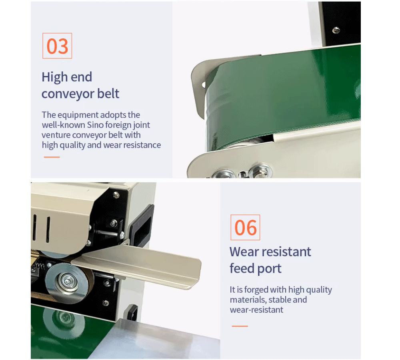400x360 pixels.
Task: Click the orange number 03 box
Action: [x=57, y=46]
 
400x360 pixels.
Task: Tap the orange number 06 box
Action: [x=245, y=227]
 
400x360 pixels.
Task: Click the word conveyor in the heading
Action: [x=64, y=94]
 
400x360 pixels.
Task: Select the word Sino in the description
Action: [x=95, y=125]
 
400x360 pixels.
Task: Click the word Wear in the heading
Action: [x=244, y=251]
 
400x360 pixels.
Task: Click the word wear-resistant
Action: [x=256, y=310]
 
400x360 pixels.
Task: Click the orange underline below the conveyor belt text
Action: [x=52, y=157]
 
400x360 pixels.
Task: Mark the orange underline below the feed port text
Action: [x=240, y=326]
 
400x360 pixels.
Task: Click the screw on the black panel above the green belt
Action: [x=336, y=30]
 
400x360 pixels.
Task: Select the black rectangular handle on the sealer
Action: [x=141, y=225]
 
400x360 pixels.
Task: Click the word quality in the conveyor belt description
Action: [x=69, y=145]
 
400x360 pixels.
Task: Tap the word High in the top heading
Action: [x=54, y=77]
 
